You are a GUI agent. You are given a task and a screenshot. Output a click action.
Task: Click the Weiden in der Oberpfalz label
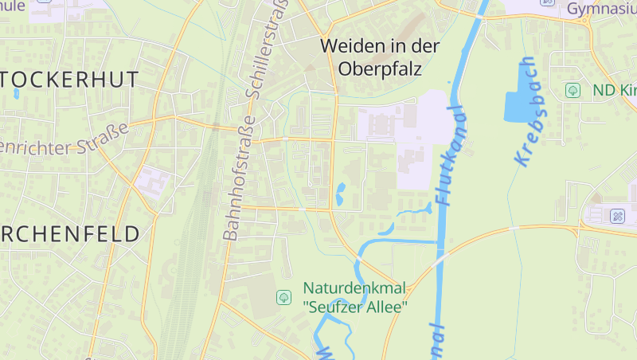[380, 57]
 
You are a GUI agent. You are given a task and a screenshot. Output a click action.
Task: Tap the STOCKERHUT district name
[70, 79]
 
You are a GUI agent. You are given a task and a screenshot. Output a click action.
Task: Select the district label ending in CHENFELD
[70, 233]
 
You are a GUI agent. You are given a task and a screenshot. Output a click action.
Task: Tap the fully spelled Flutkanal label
[450, 155]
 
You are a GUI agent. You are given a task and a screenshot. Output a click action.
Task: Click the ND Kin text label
[614, 90]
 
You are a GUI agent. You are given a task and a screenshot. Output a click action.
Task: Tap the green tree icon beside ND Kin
[572, 90]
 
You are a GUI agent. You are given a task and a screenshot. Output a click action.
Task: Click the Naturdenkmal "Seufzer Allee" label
[355, 296]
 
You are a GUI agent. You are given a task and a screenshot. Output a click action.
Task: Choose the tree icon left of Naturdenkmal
[283, 297]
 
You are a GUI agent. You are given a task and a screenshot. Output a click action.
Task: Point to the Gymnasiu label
[601, 9]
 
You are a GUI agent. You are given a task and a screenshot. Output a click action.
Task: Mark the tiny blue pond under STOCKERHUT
[16, 94]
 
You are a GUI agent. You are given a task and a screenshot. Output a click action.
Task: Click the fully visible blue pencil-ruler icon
[617, 216]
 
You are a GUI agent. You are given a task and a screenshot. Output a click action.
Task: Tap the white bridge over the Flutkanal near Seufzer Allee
[440, 260]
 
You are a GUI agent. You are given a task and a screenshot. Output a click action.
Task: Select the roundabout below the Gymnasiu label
[587, 22]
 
